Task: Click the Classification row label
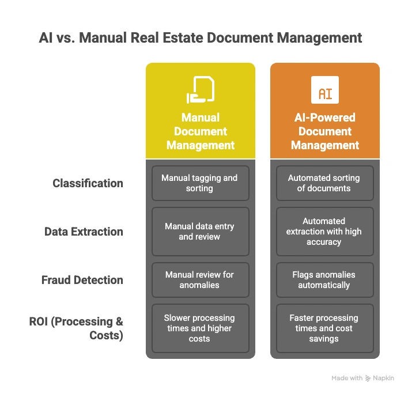(88, 183)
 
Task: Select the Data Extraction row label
(84, 232)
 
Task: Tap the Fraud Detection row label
(82, 280)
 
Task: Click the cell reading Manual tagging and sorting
(200, 183)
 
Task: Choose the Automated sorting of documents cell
(324, 183)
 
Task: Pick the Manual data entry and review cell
(200, 232)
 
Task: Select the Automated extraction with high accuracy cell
(324, 232)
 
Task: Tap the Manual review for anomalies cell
(200, 280)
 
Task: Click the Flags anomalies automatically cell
(324, 280)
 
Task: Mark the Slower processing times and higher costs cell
(200, 328)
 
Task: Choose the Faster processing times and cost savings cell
(324, 328)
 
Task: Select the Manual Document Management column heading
(201, 131)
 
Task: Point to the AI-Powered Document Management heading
(325, 131)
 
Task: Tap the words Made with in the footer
(347, 378)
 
